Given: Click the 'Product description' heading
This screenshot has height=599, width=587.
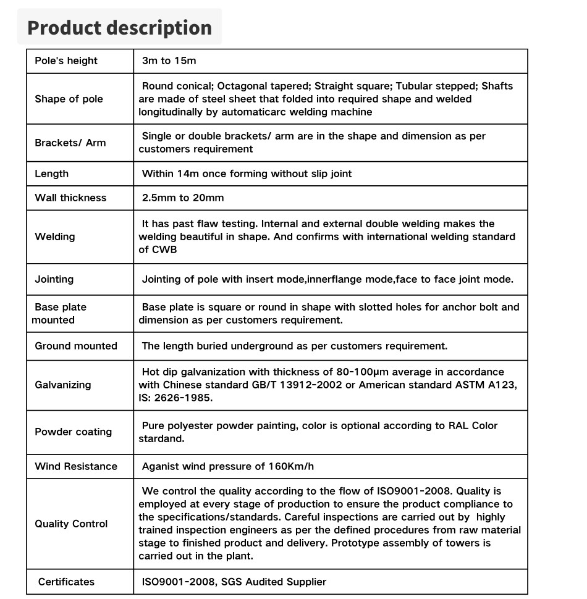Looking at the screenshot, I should click(120, 28).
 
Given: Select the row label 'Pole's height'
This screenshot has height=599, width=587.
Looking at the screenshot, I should click(66, 61).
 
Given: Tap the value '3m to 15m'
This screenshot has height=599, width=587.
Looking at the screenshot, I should click(169, 61).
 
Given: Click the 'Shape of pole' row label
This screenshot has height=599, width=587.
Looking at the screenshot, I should click(69, 99).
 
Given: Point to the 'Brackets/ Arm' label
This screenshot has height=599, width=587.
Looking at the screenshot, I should click(70, 143).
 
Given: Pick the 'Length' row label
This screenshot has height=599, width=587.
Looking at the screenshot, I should click(51, 174).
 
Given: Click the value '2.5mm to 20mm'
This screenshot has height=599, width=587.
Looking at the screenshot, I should click(183, 198).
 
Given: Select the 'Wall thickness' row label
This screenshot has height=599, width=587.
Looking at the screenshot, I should click(70, 198).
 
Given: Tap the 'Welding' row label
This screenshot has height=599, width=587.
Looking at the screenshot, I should click(54, 237).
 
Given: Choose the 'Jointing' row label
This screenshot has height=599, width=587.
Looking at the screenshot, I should click(54, 279).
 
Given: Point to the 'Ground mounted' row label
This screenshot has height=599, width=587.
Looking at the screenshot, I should click(75, 346).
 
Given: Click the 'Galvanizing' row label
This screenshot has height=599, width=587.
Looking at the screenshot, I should click(62, 385).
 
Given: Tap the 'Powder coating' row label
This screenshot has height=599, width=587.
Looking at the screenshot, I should click(73, 432).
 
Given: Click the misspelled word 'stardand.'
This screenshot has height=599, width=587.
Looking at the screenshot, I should click(161, 438).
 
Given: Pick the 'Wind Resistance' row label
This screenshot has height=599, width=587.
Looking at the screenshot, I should click(75, 466).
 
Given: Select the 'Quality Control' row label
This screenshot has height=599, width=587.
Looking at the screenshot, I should click(71, 524).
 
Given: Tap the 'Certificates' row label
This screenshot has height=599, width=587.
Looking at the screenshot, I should click(66, 582).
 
